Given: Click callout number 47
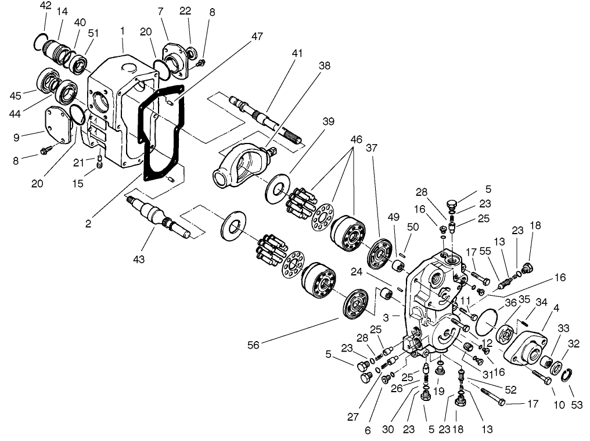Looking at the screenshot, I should coord(257,37).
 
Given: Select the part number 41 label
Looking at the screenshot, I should coord(297,53).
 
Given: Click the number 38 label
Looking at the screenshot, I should coord(324,66).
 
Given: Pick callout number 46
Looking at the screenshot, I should coord(357,140).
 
